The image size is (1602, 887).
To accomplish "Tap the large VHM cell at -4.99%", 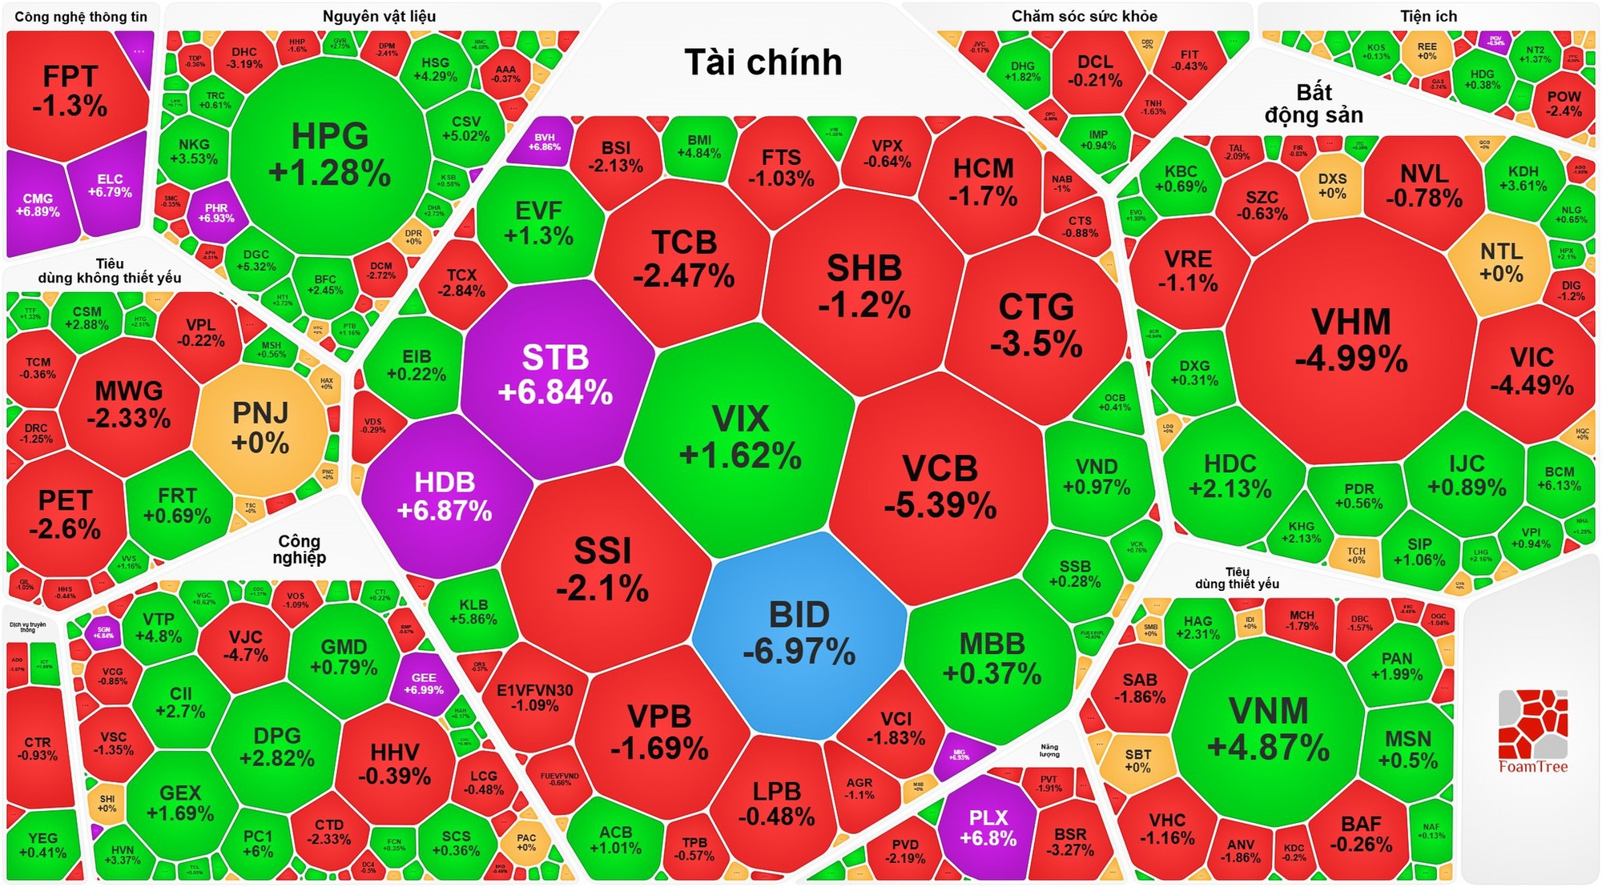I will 1351,340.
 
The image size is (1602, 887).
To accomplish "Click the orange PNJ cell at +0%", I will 260,427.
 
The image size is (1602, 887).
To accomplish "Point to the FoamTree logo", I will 1532,731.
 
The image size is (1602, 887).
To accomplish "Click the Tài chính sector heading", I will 763,62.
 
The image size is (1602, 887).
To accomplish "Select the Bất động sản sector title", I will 1314,104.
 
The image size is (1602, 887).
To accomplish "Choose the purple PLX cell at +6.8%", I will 988,828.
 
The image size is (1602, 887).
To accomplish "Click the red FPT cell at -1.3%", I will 70,90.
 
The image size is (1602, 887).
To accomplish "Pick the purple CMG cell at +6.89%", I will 38,205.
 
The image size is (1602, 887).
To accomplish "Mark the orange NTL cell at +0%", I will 1501,263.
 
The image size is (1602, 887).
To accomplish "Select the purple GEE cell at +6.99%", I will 424,683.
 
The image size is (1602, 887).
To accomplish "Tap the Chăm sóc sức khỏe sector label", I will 1084,17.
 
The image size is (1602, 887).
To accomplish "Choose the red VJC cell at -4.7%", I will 245,645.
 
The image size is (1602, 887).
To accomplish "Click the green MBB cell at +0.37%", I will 992,659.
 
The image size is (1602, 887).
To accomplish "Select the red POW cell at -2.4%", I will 1564,103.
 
